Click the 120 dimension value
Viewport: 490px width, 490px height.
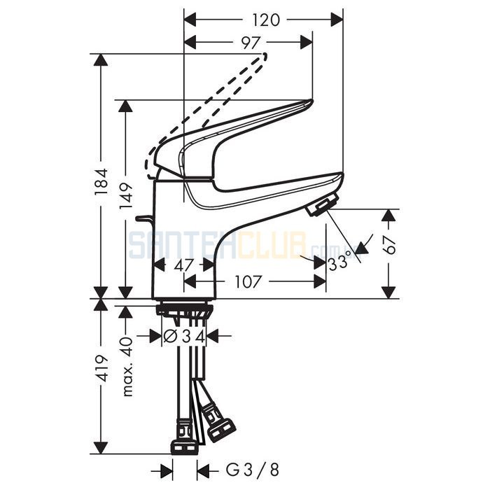(x=265, y=20)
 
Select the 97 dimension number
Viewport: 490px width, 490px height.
(x=251, y=43)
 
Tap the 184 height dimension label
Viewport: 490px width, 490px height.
(x=101, y=182)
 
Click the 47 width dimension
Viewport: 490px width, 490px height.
(x=183, y=266)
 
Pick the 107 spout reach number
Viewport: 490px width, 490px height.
(x=247, y=282)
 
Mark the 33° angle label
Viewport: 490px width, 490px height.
(x=338, y=262)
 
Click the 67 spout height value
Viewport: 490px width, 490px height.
(x=389, y=246)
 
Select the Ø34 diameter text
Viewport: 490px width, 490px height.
(x=184, y=337)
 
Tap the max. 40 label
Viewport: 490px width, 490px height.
(x=127, y=366)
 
